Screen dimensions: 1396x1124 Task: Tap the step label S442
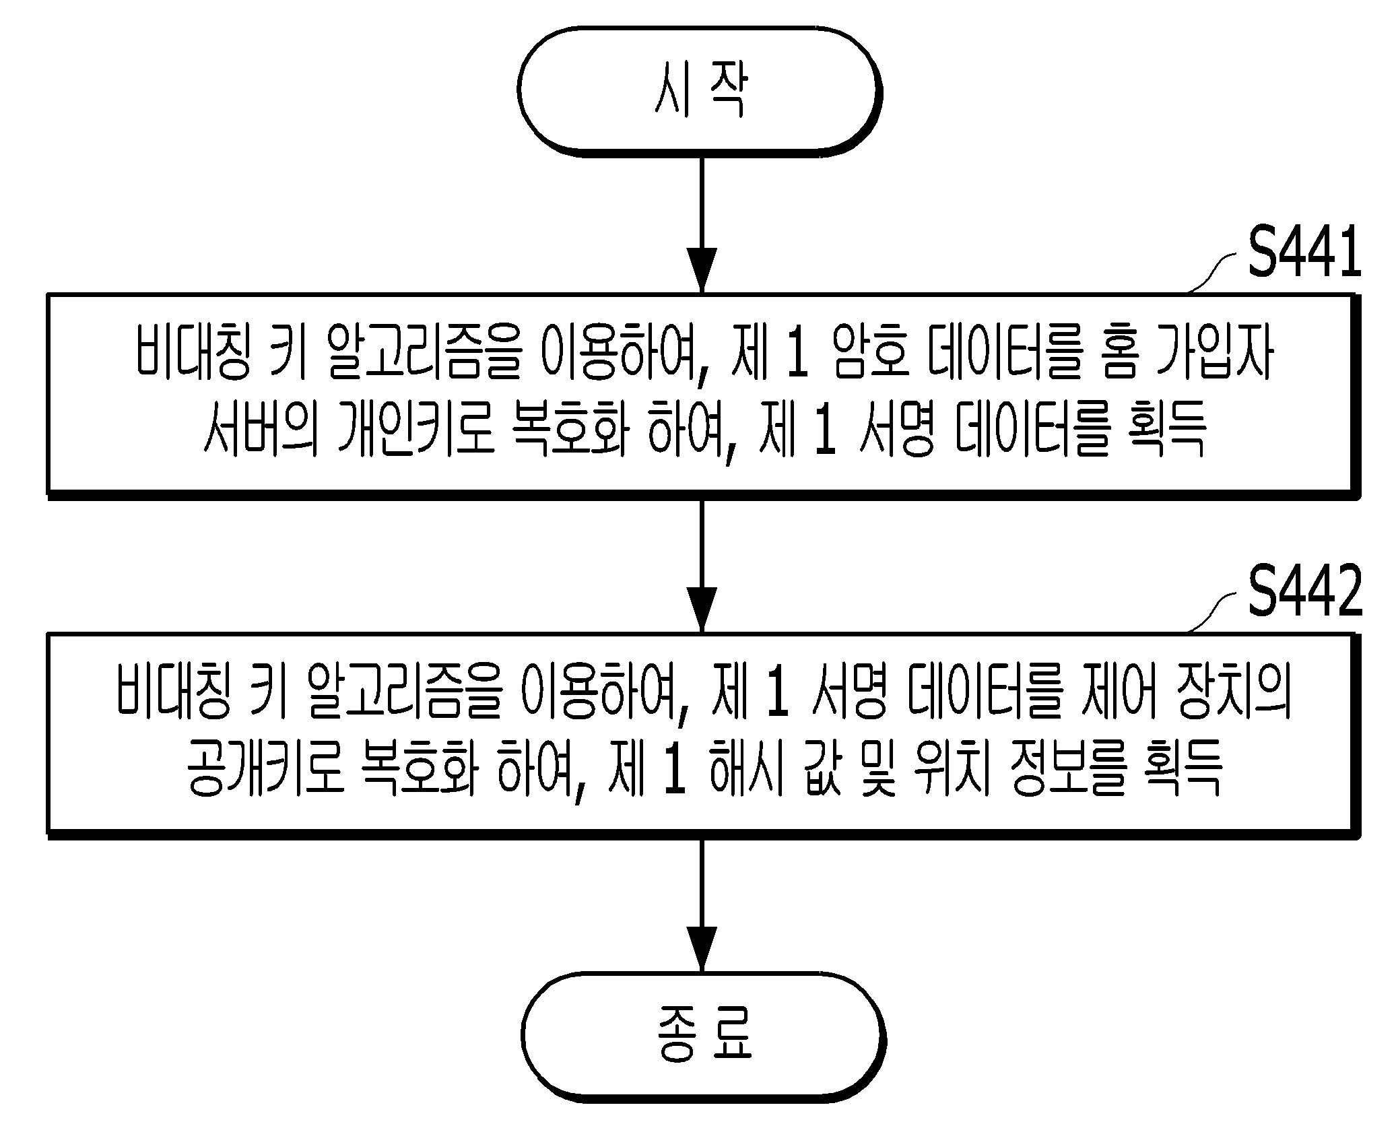1304,593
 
